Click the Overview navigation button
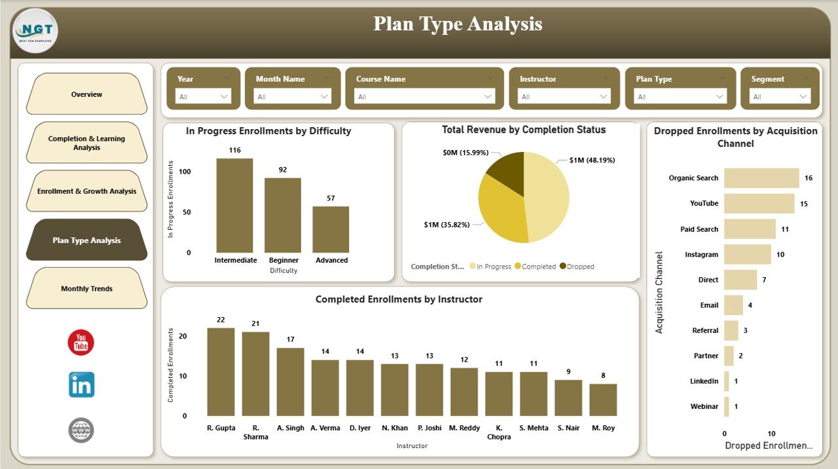[x=86, y=94]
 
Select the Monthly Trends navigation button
[x=86, y=289]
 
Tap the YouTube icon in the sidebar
[x=81, y=343]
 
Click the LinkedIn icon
[x=81, y=385]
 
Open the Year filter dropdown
[x=203, y=97]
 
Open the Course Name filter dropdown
[x=424, y=97]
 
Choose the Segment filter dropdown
[x=780, y=97]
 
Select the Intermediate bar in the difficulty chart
[x=234, y=206]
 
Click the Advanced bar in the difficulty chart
[x=331, y=229]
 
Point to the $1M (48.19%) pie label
[x=592, y=160]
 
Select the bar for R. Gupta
[x=221, y=371]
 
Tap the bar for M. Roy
[x=603, y=400]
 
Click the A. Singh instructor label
[x=290, y=428]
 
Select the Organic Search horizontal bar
[x=761, y=178]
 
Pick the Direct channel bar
[x=740, y=280]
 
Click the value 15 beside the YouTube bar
[x=804, y=204]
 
